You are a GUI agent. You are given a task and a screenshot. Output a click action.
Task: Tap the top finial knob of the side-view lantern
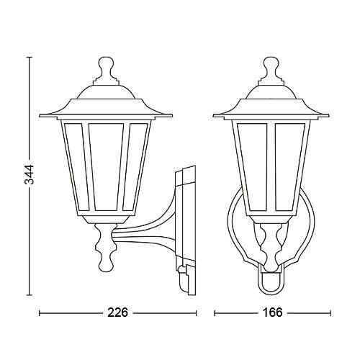[x=106, y=67]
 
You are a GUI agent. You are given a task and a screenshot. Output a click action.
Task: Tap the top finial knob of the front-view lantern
[x=271, y=67]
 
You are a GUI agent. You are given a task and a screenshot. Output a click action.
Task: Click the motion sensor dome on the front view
[x=271, y=283]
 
